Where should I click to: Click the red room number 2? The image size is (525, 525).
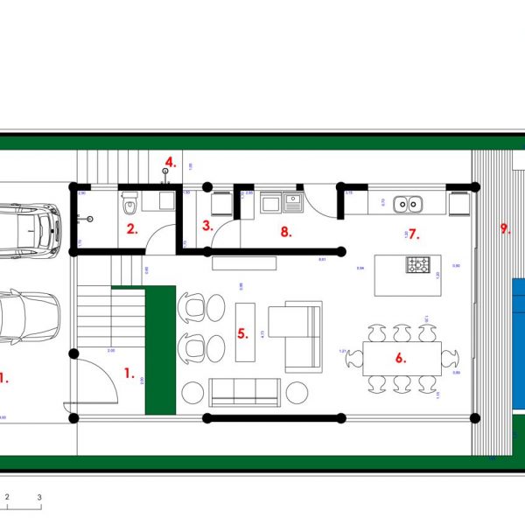(x=131, y=230)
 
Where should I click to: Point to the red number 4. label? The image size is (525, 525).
(x=170, y=162)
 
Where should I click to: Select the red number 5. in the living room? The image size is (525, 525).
(x=242, y=333)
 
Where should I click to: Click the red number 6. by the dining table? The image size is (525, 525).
(x=400, y=358)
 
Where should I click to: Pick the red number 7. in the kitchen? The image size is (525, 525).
(x=414, y=234)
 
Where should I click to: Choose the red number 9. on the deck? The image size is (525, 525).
(x=504, y=229)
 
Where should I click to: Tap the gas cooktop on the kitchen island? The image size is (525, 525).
(x=416, y=264)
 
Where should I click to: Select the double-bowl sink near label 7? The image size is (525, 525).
(x=407, y=205)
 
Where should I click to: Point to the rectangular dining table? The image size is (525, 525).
(x=402, y=358)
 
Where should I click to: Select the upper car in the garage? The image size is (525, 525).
(x=28, y=231)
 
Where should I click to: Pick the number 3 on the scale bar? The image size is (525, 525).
(x=39, y=497)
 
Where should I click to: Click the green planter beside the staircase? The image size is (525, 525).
(x=160, y=349)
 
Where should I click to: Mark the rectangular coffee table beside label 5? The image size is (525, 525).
(x=246, y=332)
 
